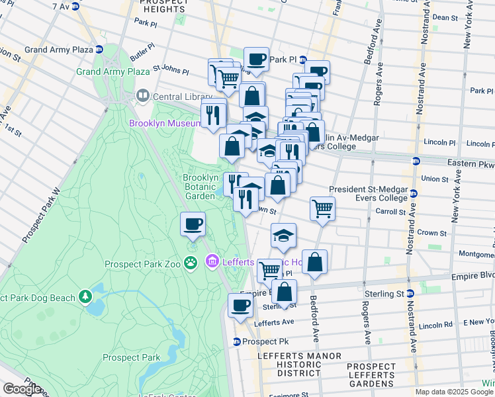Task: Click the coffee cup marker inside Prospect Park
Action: point(193,224)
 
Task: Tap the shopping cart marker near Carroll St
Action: point(322,208)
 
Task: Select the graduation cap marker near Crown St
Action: point(283,236)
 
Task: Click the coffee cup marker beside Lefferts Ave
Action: point(240,305)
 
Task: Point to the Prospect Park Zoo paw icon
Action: point(191,264)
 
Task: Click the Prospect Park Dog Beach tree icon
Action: point(85,298)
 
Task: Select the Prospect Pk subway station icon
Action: point(236,341)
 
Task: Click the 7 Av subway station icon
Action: point(75,6)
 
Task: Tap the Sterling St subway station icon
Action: point(412,293)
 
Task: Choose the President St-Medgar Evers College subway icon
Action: point(414,193)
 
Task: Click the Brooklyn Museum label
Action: point(165,124)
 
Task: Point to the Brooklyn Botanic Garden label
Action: point(201,187)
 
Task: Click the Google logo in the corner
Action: point(22,389)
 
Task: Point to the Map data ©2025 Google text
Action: point(454,392)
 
